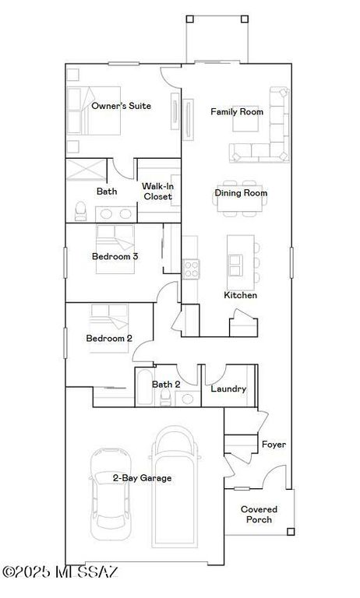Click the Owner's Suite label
(x=121, y=106)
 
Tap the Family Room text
(x=237, y=112)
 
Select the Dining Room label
(x=241, y=193)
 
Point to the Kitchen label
(x=240, y=296)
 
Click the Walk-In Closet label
(x=157, y=192)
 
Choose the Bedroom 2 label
(x=109, y=338)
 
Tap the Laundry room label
(x=229, y=389)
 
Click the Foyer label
(x=274, y=445)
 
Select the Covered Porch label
(x=259, y=515)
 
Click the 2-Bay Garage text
(x=142, y=478)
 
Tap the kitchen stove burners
(x=191, y=269)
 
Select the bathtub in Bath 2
(x=144, y=389)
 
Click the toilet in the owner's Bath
(x=79, y=210)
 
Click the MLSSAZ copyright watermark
(x=61, y=572)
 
